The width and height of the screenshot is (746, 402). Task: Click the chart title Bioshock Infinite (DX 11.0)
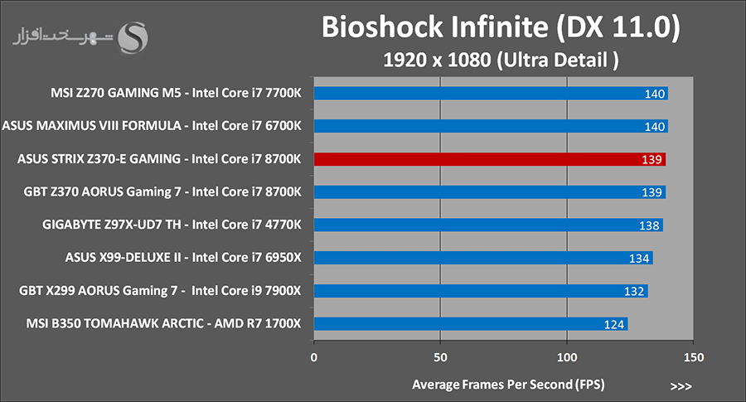pos(501,27)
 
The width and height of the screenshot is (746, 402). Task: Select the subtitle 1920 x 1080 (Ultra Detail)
pos(501,60)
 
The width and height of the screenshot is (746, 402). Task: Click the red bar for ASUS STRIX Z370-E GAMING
pos(490,159)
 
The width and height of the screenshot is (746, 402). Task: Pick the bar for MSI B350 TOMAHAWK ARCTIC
pos(471,324)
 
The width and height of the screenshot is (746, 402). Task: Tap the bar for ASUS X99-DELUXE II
pos(483,258)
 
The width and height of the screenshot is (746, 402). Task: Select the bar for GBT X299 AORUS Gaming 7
pos(481,291)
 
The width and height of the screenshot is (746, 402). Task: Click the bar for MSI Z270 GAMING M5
pos(491,93)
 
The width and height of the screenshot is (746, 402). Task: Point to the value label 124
pos(613,324)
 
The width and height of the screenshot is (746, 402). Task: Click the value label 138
pos(649,225)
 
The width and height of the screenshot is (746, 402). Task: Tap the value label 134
pos(639,259)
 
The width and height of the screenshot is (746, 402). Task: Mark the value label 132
pos(634,291)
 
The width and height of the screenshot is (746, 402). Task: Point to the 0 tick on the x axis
pos(314,357)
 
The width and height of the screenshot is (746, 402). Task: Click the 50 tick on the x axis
pos(441,357)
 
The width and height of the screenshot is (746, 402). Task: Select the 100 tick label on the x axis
pos(567,357)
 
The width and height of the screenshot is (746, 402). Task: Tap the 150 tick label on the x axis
pos(694,357)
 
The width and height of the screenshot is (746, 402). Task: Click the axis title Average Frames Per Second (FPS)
pos(508,385)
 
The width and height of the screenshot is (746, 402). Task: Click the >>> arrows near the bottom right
pos(681,386)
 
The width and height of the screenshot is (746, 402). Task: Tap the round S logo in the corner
pos(133,37)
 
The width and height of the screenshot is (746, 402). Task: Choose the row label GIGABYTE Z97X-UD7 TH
pos(111,225)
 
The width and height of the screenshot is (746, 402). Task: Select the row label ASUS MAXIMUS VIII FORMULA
pos(92,126)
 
